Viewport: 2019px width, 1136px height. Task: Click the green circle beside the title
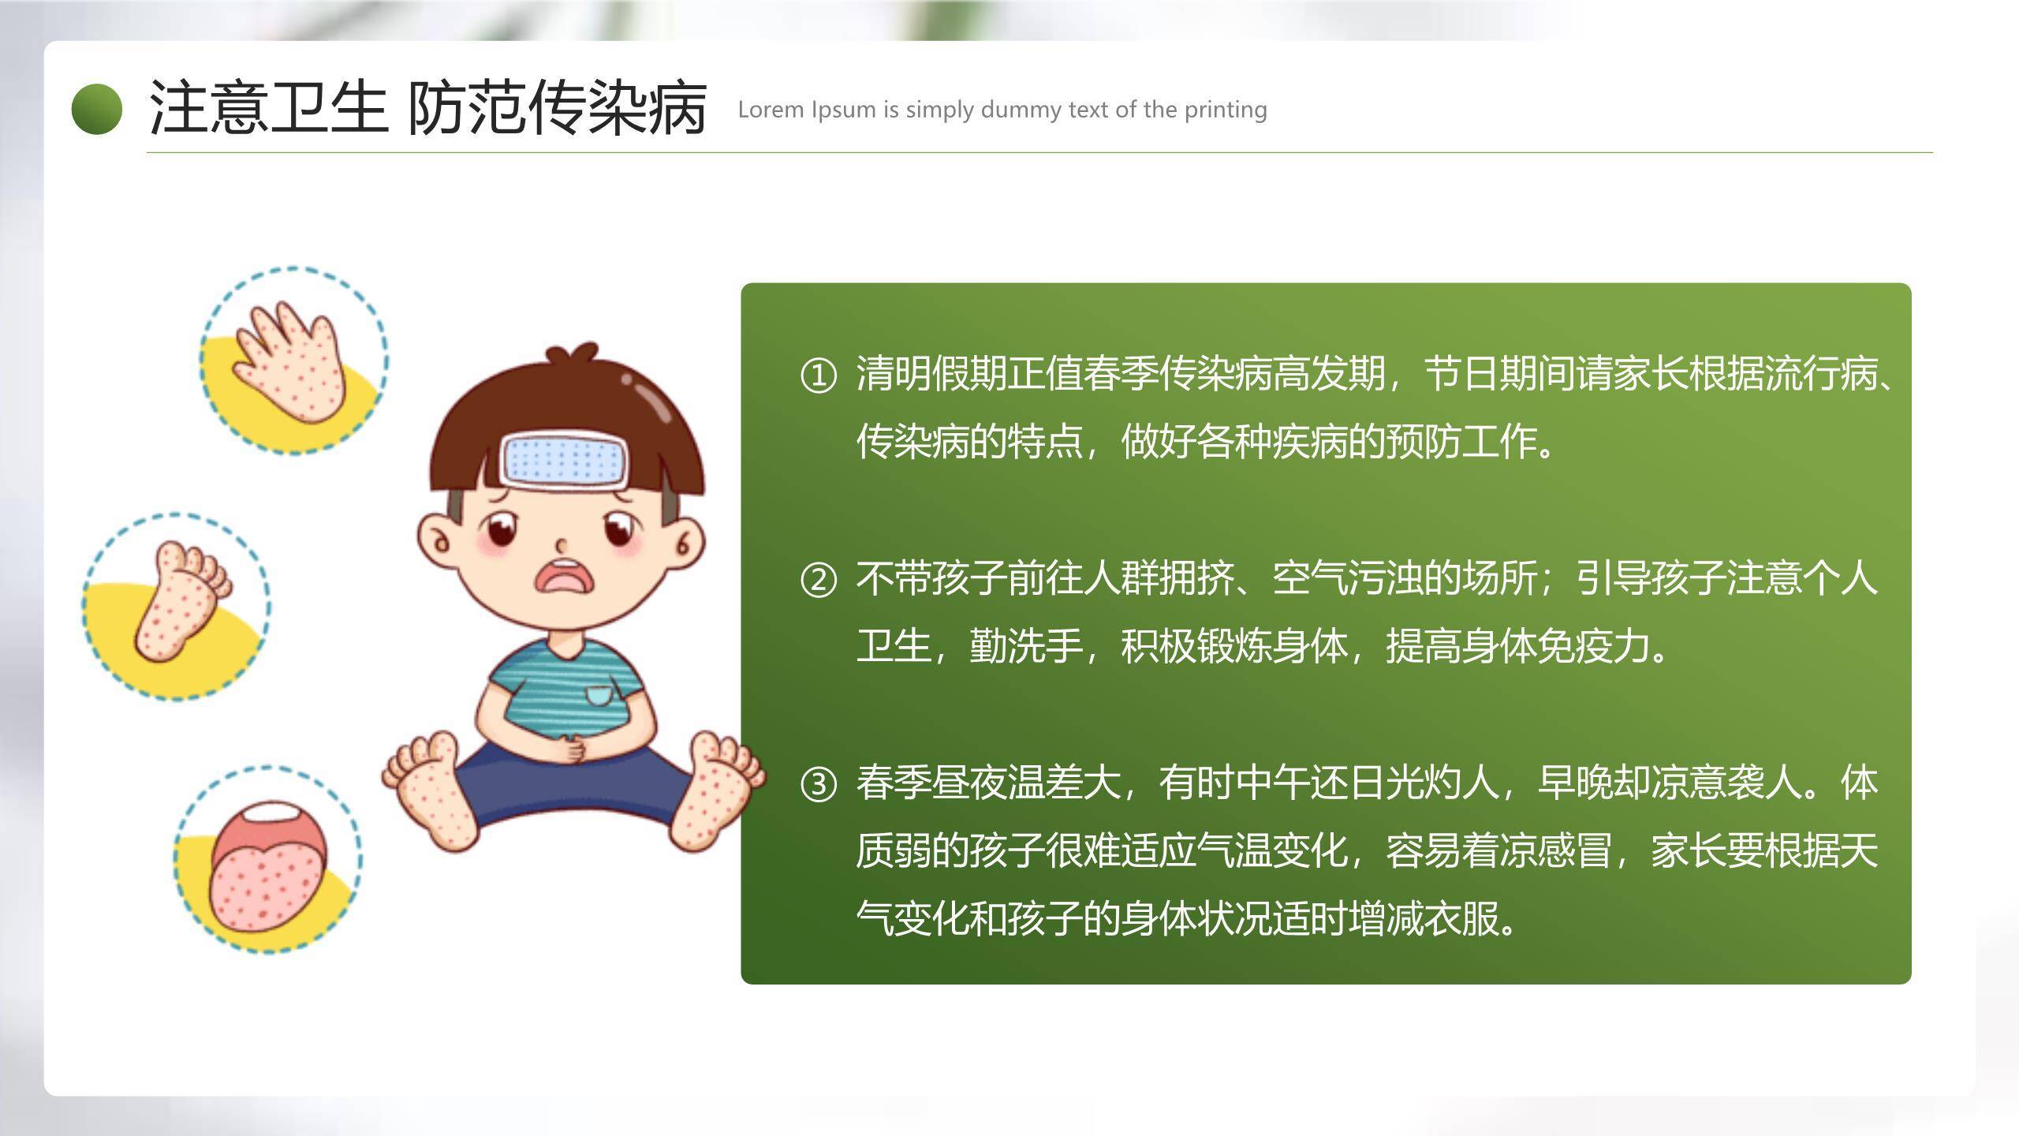[x=96, y=109]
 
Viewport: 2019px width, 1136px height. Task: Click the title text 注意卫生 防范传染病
[x=427, y=109]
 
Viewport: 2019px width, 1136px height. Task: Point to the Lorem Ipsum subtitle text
[x=1002, y=110]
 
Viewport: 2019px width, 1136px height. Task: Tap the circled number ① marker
[x=818, y=376]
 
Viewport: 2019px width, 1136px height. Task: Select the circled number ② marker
[x=818, y=580]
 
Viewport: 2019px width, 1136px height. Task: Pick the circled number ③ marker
[x=818, y=785]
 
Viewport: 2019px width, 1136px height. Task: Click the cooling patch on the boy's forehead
[x=565, y=459]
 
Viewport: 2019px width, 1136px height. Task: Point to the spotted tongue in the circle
[x=268, y=876]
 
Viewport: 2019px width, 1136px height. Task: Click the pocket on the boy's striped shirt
[x=598, y=694]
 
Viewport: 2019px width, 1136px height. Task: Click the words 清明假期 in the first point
[x=931, y=374]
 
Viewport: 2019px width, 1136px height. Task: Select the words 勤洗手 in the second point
[x=1025, y=646]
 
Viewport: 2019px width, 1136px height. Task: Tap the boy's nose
[x=562, y=545]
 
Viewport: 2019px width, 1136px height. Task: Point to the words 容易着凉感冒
[x=1498, y=851]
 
